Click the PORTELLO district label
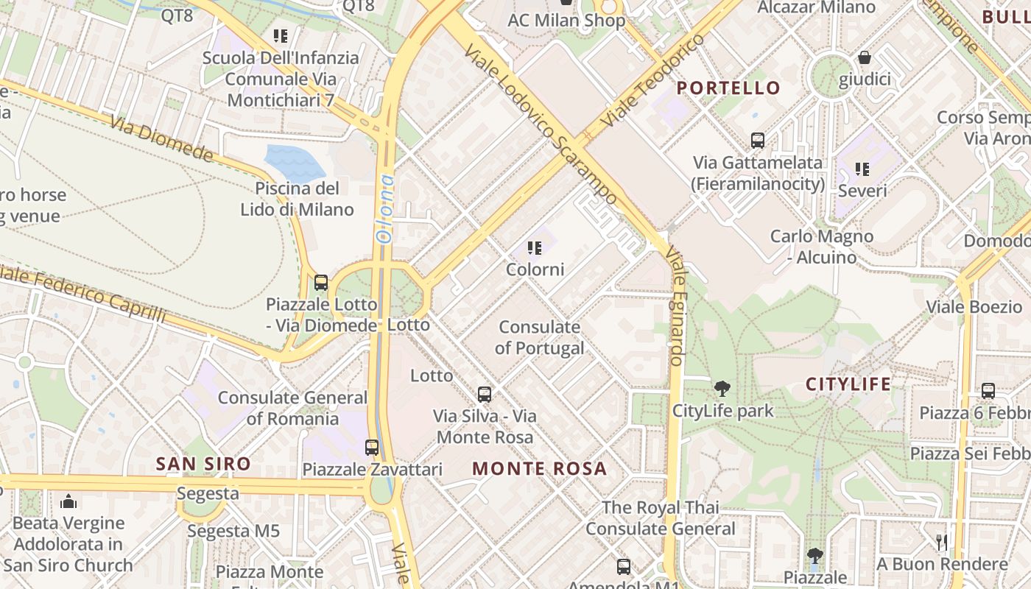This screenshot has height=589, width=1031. [728, 88]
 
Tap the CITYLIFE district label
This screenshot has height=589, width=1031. [848, 384]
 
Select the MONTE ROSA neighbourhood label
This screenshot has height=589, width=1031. [540, 469]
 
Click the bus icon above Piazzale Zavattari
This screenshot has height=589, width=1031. [372, 447]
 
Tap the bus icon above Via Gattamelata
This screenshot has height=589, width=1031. [757, 140]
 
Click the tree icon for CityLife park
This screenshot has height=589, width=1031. [722, 388]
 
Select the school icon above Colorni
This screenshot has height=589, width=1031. [535, 248]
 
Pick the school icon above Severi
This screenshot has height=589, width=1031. [862, 169]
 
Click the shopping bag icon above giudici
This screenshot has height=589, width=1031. [865, 57]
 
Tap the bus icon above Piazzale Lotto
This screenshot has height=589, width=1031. [321, 282]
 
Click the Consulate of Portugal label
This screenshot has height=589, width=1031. [540, 337]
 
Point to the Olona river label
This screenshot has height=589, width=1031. [385, 208]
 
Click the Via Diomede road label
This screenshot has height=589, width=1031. [162, 138]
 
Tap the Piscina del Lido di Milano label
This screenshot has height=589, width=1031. [297, 199]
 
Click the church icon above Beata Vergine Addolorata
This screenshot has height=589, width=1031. [69, 501]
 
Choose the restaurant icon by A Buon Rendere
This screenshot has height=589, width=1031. [942, 543]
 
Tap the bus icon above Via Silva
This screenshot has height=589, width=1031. [484, 394]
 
